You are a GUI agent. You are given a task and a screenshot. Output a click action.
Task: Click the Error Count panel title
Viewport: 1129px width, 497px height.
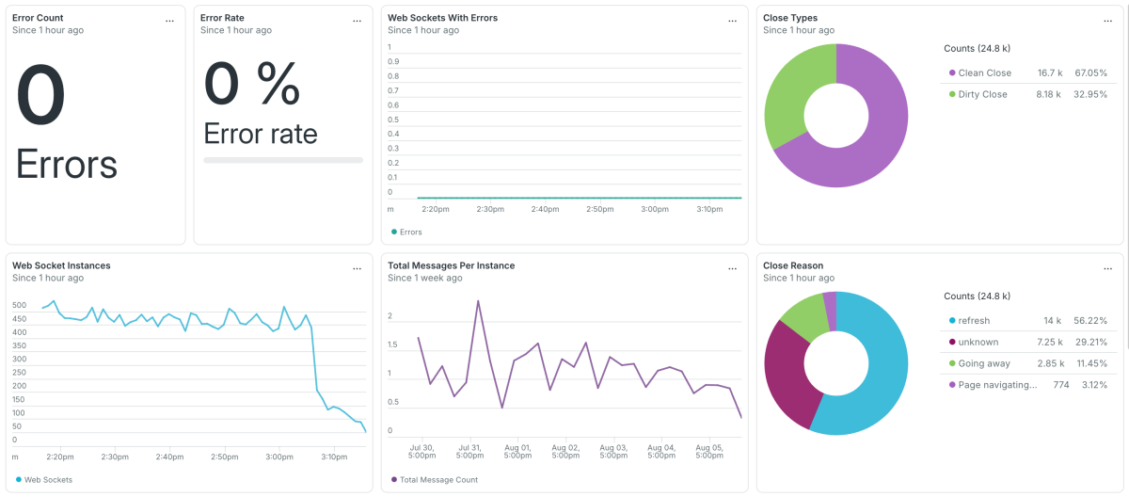38,18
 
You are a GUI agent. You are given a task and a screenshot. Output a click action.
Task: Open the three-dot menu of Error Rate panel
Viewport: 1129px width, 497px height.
357,21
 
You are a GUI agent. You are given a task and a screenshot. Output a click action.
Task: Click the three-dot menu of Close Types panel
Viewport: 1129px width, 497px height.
1108,21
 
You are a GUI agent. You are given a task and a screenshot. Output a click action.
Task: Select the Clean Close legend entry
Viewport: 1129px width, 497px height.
979,73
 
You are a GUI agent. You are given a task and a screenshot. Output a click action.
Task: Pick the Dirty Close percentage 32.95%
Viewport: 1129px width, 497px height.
1090,94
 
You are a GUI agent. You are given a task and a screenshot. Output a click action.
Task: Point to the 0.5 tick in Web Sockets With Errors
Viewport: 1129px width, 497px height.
393,120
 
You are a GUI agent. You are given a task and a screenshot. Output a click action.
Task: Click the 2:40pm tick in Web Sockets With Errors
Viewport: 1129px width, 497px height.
545,209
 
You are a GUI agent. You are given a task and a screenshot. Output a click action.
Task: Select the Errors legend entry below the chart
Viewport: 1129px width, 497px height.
406,232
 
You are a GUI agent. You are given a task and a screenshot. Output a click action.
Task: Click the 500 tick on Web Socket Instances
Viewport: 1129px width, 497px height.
19,305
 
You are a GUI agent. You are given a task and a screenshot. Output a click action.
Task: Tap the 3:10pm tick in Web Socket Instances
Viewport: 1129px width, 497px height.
334,457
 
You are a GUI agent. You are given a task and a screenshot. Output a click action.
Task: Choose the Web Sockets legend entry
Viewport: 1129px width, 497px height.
44,480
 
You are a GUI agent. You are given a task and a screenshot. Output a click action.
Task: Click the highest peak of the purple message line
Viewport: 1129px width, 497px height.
478,301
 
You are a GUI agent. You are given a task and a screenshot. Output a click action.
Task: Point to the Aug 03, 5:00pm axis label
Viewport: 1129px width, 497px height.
613,451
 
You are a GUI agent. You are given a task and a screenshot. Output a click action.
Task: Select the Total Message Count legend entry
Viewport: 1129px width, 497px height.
435,480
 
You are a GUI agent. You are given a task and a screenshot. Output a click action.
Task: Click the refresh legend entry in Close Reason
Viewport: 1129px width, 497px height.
969,321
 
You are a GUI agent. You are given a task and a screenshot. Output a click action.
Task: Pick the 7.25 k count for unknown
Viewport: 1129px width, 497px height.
1050,343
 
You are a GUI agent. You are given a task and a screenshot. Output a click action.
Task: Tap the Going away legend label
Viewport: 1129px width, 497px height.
984,363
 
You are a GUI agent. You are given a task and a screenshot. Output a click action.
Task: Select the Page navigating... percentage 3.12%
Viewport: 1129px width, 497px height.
1095,385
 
